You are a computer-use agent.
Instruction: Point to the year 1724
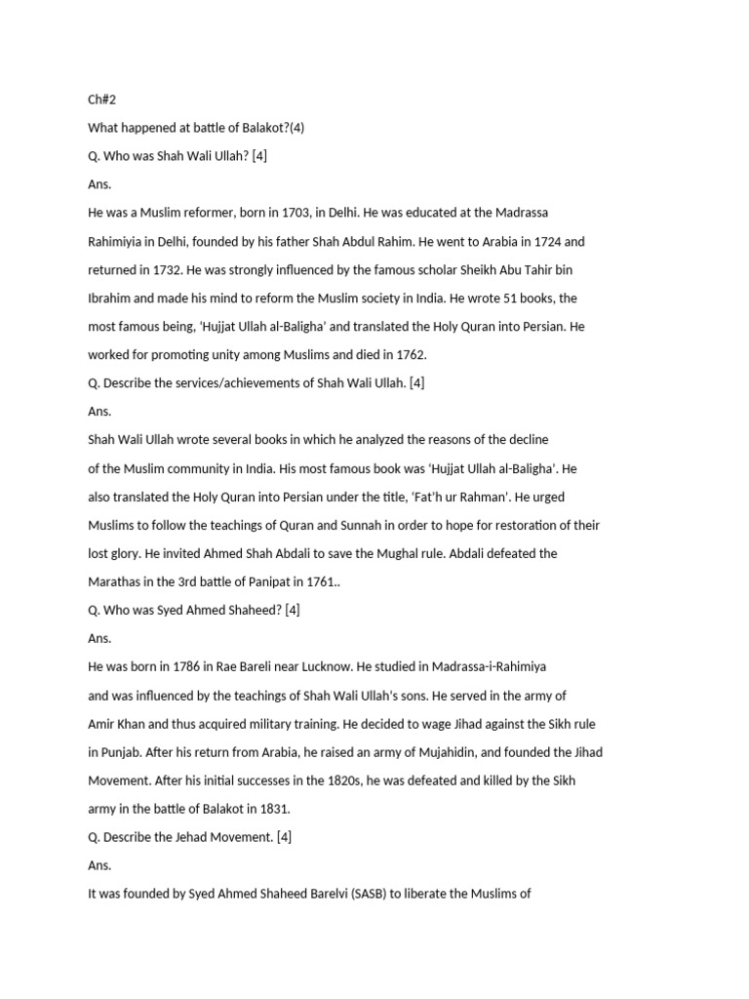coord(532,241)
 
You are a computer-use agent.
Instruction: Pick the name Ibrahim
coord(110,298)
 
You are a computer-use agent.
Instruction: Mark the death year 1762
coord(411,354)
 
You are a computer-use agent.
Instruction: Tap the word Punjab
coord(122,752)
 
